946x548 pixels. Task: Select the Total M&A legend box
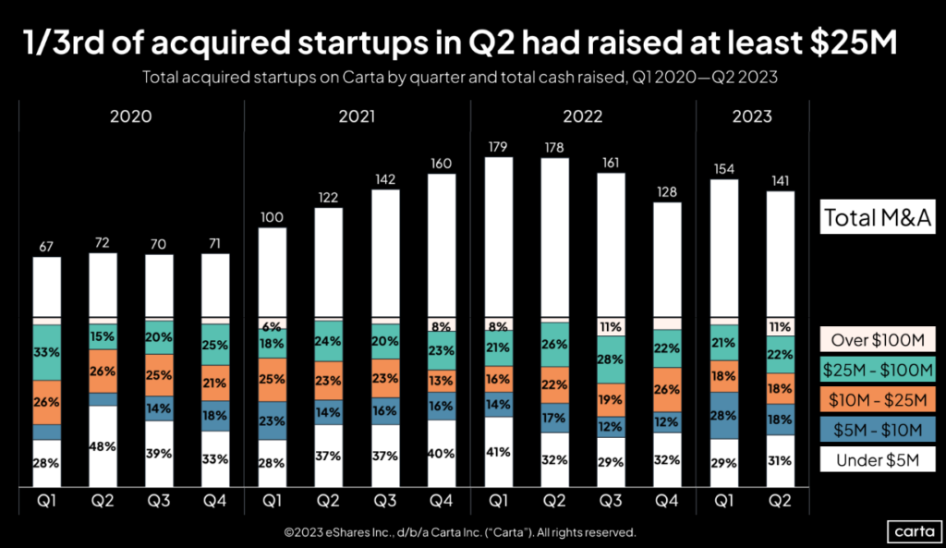(876, 218)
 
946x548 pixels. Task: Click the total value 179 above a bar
(498, 146)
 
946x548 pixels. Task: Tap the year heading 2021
(357, 117)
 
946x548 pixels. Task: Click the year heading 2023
(752, 117)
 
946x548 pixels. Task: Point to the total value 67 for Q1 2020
(46, 246)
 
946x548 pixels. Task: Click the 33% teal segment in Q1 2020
(46, 352)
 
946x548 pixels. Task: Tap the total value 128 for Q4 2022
(668, 191)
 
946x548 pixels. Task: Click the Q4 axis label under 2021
(442, 505)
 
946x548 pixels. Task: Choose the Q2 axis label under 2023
(781, 505)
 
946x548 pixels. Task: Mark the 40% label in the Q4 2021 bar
(442, 454)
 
